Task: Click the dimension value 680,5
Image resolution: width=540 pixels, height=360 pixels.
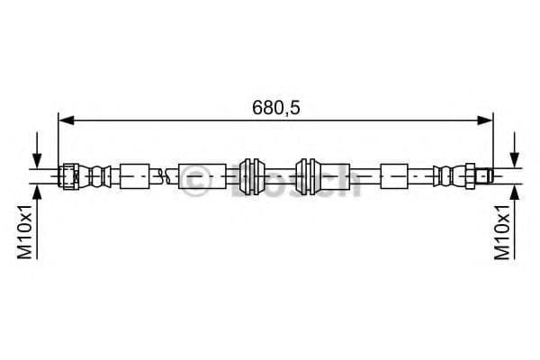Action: (276, 107)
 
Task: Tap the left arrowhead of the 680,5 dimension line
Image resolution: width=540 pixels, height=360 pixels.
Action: (67, 121)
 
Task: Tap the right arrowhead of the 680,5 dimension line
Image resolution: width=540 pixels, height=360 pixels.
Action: (485, 121)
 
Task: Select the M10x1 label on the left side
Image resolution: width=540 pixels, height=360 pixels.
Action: (25, 231)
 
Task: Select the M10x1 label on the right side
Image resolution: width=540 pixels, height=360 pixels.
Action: (502, 231)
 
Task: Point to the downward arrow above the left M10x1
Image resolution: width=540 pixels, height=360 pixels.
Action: (37, 150)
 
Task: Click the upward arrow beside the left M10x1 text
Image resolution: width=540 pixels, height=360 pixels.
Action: (37, 221)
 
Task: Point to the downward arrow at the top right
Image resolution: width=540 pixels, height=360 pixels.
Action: (515, 150)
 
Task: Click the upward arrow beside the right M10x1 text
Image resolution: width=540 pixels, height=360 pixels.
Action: (515, 221)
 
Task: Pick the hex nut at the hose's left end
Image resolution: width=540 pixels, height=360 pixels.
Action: (68, 176)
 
